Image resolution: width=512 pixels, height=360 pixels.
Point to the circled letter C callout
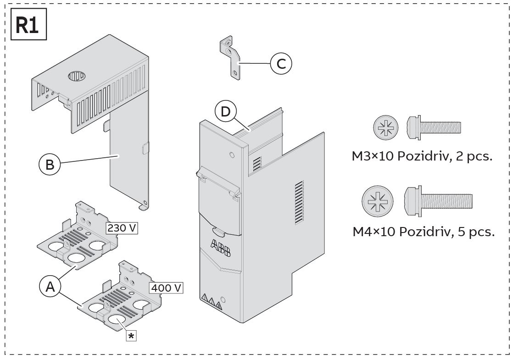click(280, 64)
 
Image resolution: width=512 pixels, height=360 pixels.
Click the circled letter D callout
click(226, 112)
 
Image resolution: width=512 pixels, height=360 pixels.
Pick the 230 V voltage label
click(122, 227)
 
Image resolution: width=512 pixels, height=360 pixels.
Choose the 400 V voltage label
click(166, 288)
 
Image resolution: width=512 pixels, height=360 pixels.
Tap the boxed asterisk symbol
click(132, 336)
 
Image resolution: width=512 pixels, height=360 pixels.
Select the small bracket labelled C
click(229, 58)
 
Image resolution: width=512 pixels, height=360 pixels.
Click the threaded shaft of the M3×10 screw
click(441, 127)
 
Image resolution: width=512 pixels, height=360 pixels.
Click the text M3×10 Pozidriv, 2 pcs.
click(422, 156)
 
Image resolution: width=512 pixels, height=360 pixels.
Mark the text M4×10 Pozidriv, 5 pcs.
click(423, 232)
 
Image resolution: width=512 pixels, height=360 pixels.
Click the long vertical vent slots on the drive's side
click(299, 201)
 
